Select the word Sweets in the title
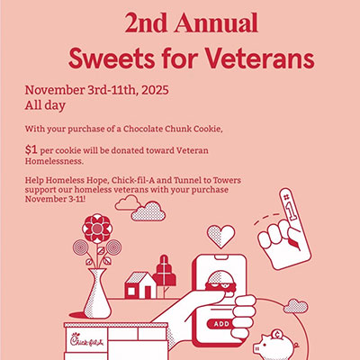(x=107, y=58)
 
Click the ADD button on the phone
(x=222, y=322)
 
